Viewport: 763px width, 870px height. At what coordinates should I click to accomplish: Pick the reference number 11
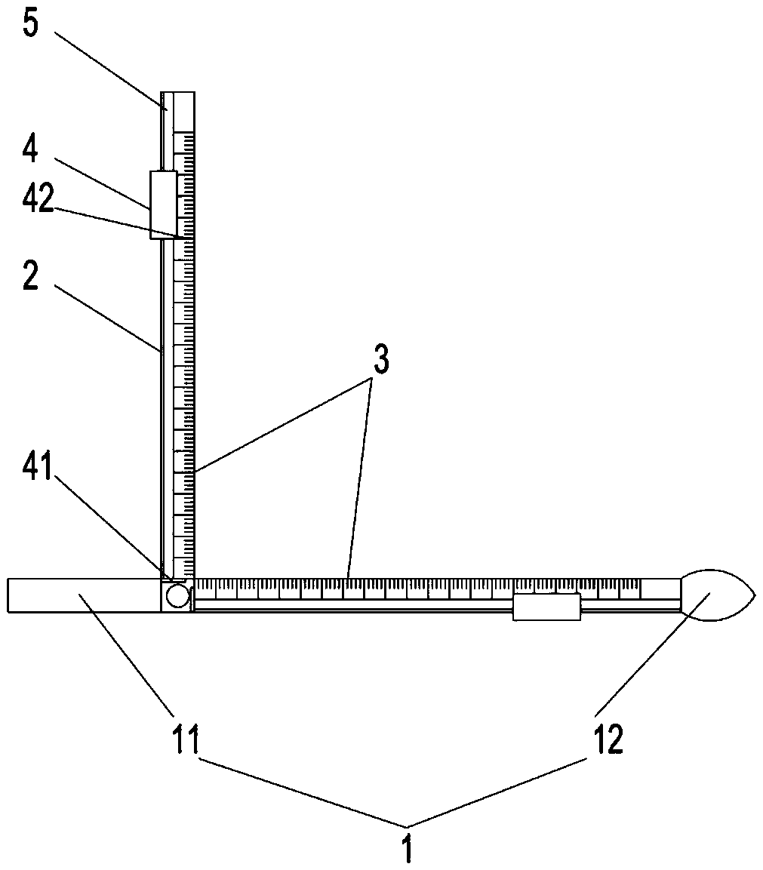click(x=186, y=739)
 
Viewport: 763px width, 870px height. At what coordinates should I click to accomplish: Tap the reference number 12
click(x=608, y=739)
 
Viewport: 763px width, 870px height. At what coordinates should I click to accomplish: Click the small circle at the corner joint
click(x=177, y=596)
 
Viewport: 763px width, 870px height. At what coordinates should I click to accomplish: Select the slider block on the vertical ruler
click(x=164, y=204)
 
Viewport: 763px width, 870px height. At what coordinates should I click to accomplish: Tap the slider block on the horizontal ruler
click(x=546, y=607)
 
